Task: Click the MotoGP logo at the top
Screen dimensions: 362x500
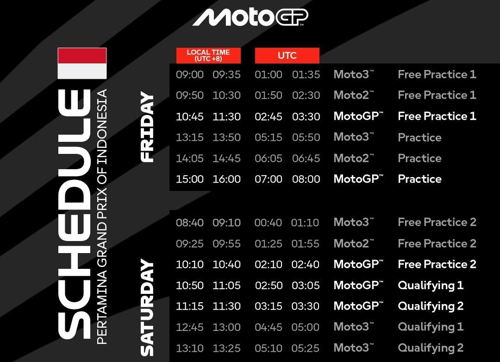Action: coord(250,17)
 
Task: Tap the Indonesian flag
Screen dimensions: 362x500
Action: coord(82,63)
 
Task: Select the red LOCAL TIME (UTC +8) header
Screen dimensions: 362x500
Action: coord(208,56)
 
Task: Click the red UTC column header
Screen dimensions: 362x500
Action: coord(287,56)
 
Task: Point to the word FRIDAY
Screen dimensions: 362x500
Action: coord(147,127)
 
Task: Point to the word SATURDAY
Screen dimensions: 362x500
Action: coord(147,308)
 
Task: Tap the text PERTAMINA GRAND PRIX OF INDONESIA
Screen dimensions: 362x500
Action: coord(102,216)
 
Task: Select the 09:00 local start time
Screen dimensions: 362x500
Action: coord(190,75)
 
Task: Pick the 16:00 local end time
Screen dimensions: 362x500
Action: coord(226,179)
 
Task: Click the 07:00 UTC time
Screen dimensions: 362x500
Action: coord(269,179)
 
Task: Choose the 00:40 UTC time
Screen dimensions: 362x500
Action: coord(268,222)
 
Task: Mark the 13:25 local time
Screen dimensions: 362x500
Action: coord(226,348)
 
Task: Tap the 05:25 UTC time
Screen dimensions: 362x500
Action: coord(306,348)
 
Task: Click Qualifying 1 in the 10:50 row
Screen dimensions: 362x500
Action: coord(431,286)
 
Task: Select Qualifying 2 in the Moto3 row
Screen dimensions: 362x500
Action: coord(431,348)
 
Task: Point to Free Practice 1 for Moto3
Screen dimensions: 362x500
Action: coord(437,75)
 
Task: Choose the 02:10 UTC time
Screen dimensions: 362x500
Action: coord(269,265)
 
